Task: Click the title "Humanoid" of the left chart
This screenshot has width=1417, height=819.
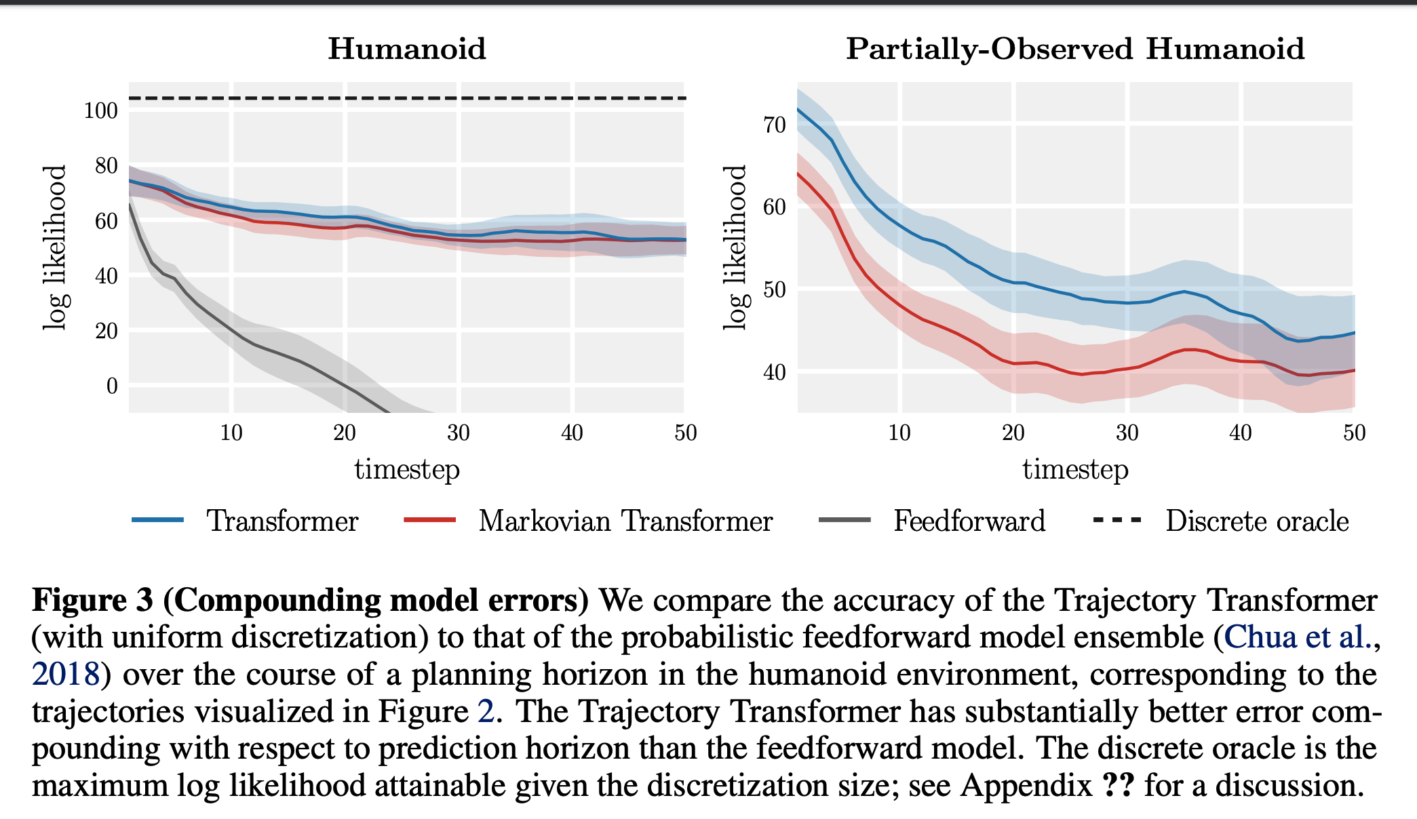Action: [407, 49]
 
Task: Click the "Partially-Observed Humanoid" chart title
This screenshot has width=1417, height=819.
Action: [1075, 49]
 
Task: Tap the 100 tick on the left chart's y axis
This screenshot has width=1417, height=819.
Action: [101, 111]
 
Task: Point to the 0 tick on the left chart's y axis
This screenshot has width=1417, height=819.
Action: [112, 386]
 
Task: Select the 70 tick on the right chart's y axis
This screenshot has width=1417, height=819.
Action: [775, 125]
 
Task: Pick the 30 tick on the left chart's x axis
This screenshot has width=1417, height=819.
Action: [459, 433]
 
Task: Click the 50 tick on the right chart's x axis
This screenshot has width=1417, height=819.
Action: [1354, 433]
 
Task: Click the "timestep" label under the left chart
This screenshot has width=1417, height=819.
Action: [407, 469]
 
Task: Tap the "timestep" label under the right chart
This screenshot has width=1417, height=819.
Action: [1075, 469]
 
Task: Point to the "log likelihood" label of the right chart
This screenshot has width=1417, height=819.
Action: [735, 247]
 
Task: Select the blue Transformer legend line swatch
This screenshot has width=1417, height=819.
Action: [158, 520]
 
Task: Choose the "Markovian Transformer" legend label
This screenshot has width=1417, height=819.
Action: [625, 521]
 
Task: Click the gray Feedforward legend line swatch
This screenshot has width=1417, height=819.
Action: [845, 520]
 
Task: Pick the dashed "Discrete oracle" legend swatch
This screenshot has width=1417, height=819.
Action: [1117, 520]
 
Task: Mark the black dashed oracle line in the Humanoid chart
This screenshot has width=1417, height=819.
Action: [407, 98]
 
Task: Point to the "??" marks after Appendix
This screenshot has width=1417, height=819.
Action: [1119, 785]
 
